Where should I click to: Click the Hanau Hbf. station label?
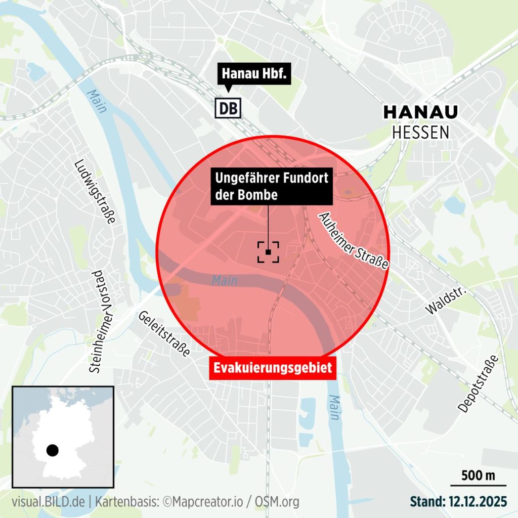pyautogui.click(x=255, y=75)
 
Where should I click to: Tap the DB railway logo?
pyautogui.click(x=229, y=107)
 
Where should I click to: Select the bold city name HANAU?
pyautogui.click(x=420, y=112)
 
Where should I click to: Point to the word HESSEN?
pyautogui.click(x=420, y=132)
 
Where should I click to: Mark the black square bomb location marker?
pyautogui.click(x=268, y=251)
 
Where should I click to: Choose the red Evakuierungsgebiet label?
pyautogui.click(x=273, y=368)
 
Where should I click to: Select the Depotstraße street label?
pyautogui.click(x=479, y=383)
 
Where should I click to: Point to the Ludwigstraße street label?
pyautogui.click(x=95, y=192)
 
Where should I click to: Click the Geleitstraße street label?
pyautogui.click(x=164, y=334)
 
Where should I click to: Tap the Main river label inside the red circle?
pyautogui.click(x=224, y=280)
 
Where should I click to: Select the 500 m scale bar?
pyautogui.click(x=478, y=481)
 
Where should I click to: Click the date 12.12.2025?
pyautogui.click(x=478, y=502)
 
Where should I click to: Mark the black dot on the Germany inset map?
pyautogui.click(x=52, y=450)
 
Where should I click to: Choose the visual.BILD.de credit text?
pyautogui.click(x=49, y=502)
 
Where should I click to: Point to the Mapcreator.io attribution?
pyautogui.click(x=207, y=502)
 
